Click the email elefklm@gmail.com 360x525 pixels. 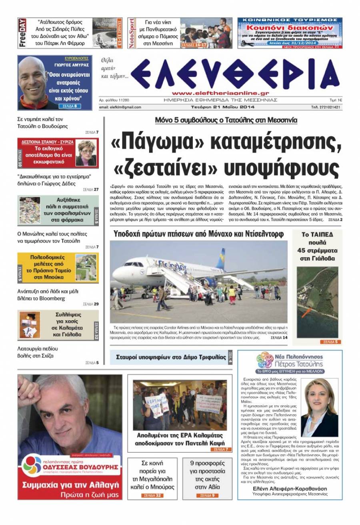coord(120,107)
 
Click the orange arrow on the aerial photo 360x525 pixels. coord(307,311)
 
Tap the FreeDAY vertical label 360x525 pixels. coord(22,33)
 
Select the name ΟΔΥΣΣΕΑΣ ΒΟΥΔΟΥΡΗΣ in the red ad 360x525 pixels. coord(80,467)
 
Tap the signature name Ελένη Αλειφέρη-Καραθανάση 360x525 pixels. coord(290,489)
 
